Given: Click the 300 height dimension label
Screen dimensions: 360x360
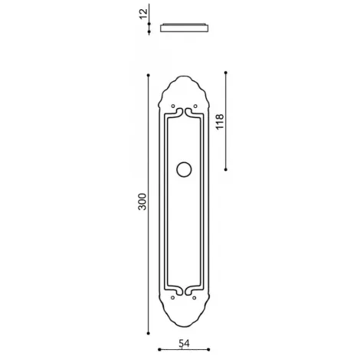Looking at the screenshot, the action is pos(142,201).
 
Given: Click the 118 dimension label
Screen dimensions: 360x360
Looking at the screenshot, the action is pos(220,122).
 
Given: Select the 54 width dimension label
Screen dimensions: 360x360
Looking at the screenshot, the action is pos(184,343).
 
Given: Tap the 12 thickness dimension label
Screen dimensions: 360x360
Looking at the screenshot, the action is pos(143,14).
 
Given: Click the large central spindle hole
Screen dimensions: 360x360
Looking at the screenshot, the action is pos(184,169).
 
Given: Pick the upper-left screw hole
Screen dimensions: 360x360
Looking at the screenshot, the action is pos(173,106).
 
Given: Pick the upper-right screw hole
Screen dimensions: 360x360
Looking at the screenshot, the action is pos(195,106).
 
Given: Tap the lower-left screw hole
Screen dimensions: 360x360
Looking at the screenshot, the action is pos(172,298).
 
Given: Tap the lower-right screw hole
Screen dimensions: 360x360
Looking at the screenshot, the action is pos(195,298).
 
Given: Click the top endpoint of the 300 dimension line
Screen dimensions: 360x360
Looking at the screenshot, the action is pos(149,75).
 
